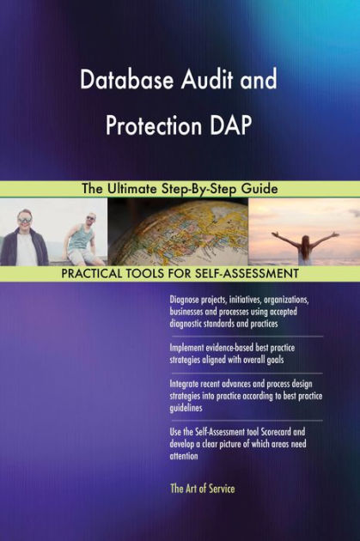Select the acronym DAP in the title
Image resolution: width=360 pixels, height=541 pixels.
click(229, 125)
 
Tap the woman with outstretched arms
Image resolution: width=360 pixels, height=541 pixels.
click(305, 243)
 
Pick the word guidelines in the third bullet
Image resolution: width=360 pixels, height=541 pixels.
click(188, 410)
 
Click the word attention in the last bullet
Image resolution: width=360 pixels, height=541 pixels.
click(185, 456)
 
